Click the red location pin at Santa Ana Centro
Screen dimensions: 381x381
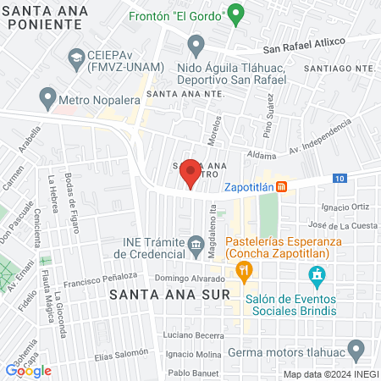click(x=190, y=174)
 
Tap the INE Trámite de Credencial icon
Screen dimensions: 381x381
click(x=196, y=246)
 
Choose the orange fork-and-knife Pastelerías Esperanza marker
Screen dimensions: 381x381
click(x=245, y=271)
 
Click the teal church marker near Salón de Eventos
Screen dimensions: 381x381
click(x=317, y=275)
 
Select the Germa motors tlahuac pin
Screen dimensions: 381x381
click(x=357, y=349)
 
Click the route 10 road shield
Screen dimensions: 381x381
click(x=339, y=178)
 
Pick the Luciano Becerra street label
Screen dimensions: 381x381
click(x=190, y=336)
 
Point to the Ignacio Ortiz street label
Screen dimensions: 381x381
click(x=345, y=206)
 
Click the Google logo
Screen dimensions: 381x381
click(x=28, y=370)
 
